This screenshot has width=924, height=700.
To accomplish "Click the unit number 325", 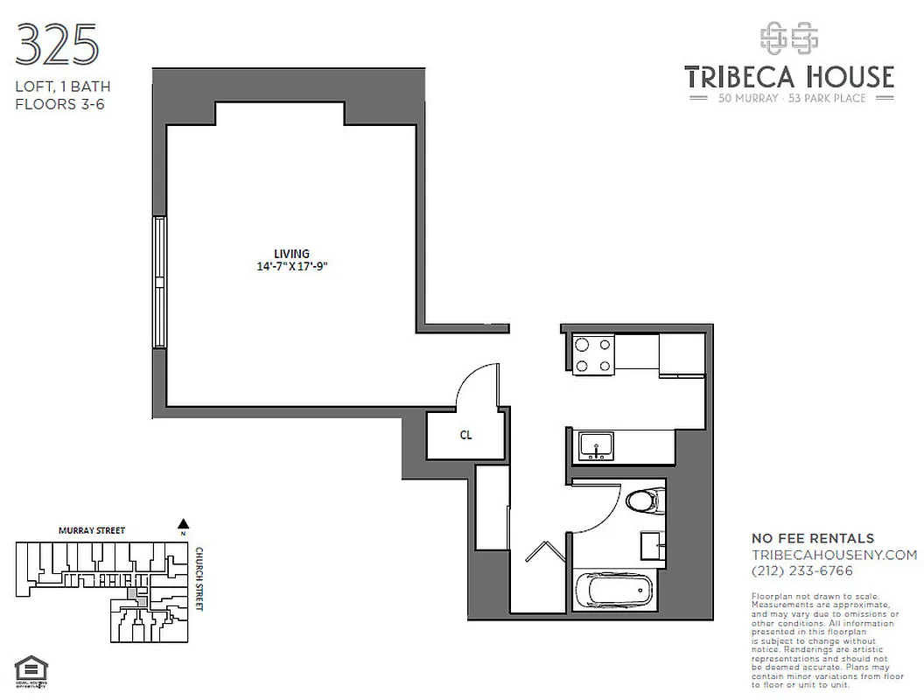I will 58,45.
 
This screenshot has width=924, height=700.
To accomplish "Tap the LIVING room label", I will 291,254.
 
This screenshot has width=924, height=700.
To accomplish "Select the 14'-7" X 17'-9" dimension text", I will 291,268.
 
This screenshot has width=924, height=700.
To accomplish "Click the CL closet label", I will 465,435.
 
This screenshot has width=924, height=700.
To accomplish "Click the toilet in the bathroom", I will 645,501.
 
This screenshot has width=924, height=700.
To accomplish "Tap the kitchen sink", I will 596,446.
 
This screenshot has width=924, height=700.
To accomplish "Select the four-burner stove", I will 593,354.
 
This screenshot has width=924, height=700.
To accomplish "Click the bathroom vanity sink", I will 652,544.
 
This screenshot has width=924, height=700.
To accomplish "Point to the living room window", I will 159,282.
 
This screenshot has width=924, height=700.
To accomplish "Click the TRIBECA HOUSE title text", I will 789,77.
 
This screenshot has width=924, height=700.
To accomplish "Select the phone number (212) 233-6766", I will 802,570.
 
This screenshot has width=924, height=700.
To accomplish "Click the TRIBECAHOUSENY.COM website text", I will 835,555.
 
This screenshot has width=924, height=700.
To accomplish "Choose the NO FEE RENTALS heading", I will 813,538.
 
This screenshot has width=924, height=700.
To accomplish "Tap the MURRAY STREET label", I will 92,530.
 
